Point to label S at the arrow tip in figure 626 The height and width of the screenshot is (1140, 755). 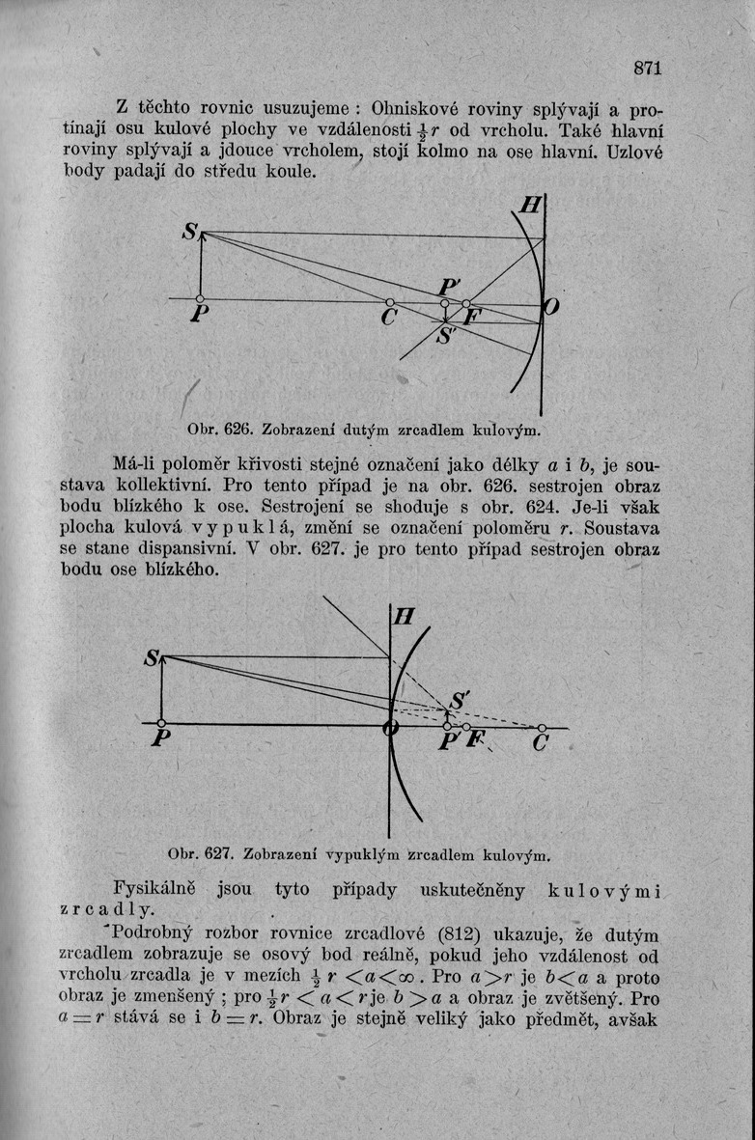pyautogui.click(x=190, y=232)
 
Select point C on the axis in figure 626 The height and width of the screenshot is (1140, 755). pyautogui.click(x=389, y=302)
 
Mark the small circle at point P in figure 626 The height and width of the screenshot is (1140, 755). pyautogui.click(x=200, y=299)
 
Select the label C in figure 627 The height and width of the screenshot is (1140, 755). pyautogui.click(x=540, y=744)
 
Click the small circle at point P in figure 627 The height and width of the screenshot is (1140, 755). pyautogui.click(x=161, y=723)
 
